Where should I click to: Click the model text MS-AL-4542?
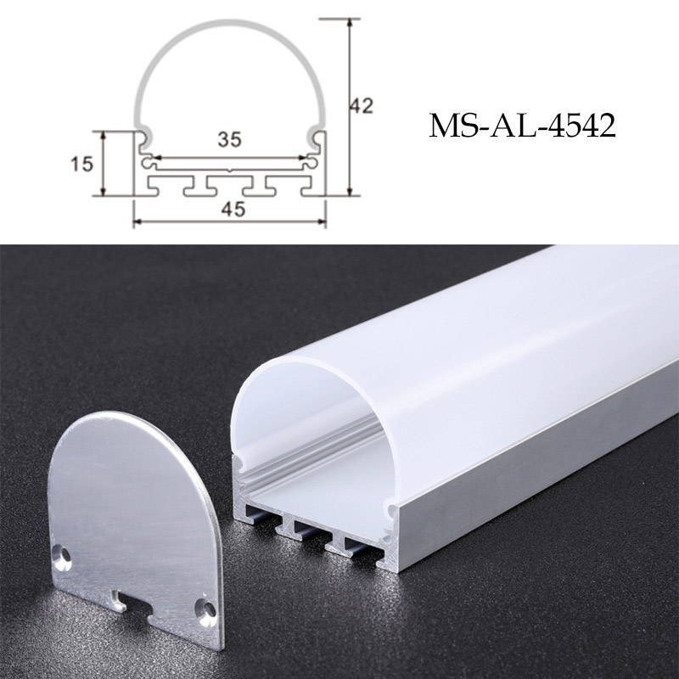[521, 126]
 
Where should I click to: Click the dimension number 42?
[362, 105]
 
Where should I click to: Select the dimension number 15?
[81, 164]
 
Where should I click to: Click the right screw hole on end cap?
[205, 606]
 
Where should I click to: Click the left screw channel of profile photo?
[240, 465]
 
